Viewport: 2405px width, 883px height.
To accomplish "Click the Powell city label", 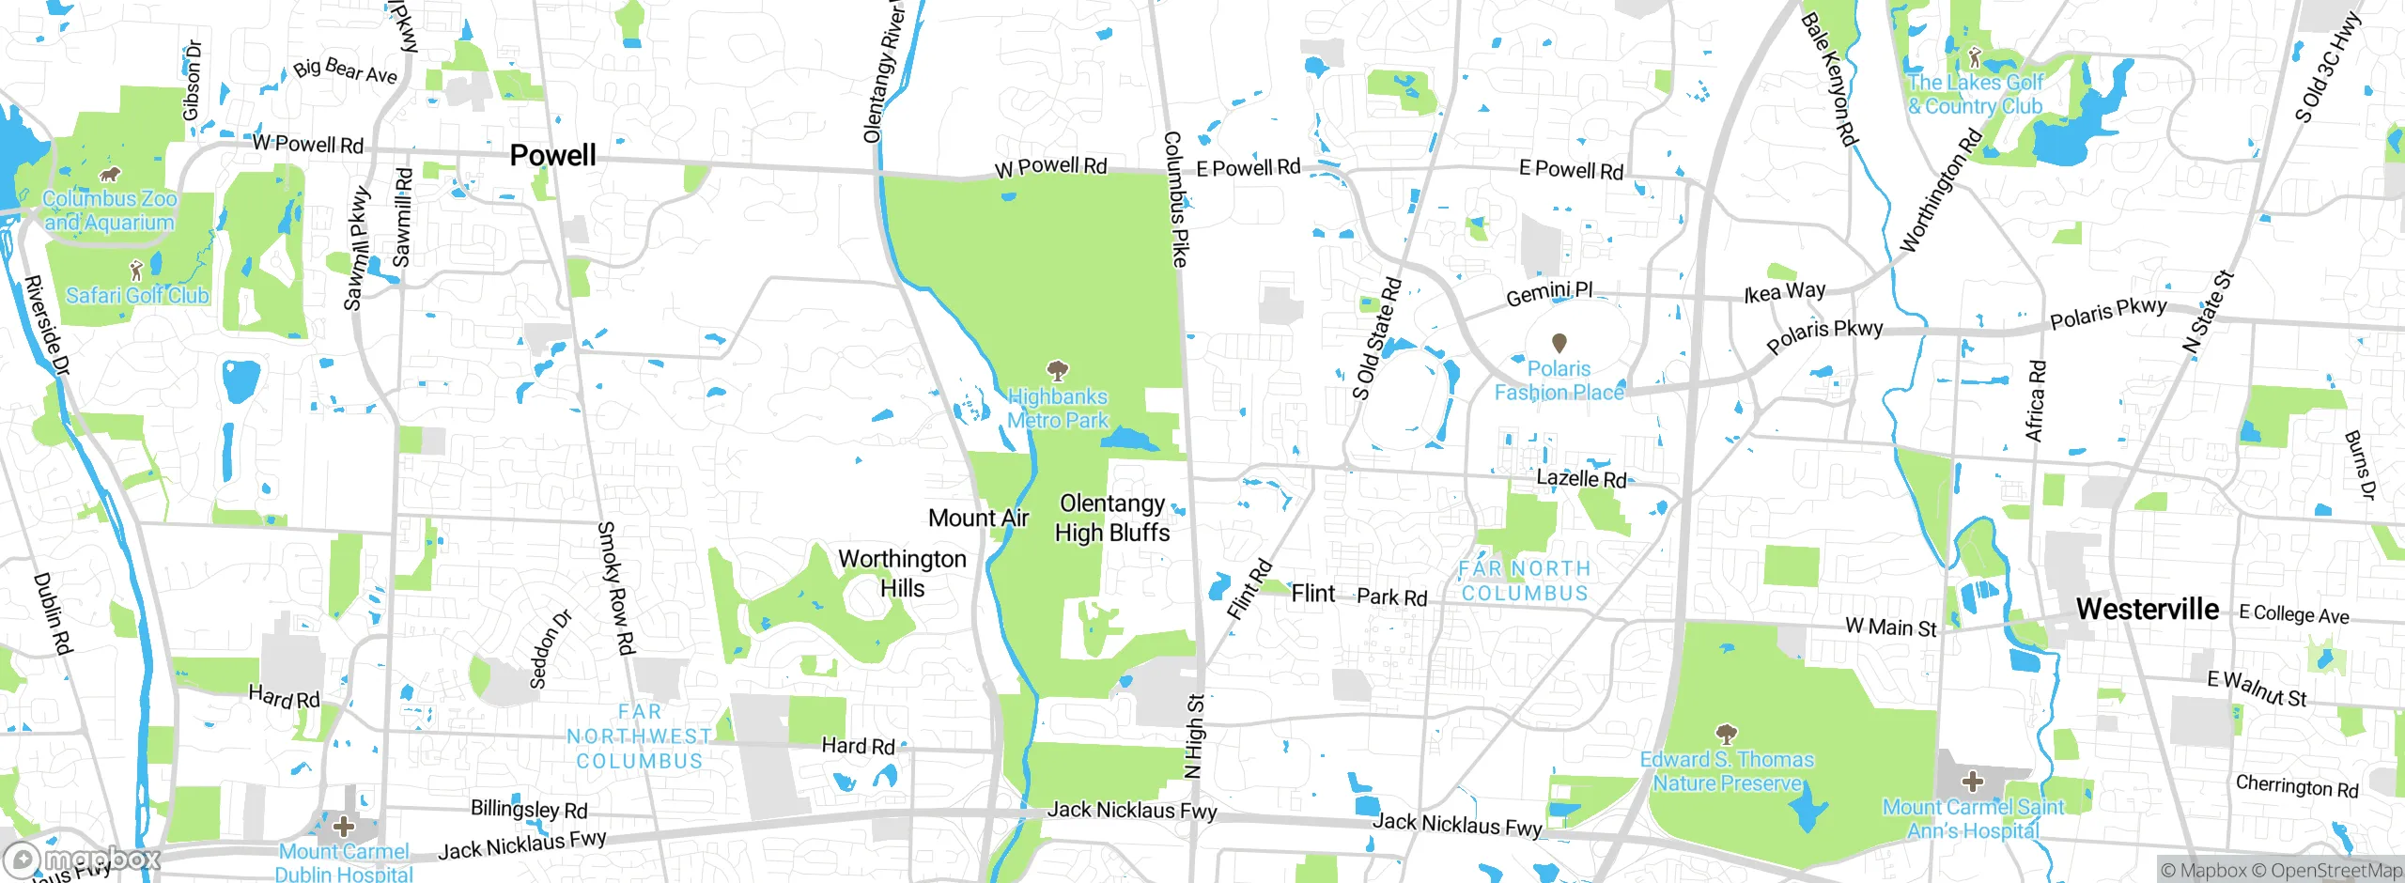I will [x=552, y=155].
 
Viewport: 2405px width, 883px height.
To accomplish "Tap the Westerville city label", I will [x=2148, y=609].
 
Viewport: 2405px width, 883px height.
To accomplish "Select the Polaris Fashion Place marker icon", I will [x=1559, y=343].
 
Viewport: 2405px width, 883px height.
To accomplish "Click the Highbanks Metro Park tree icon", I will [x=1058, y=369].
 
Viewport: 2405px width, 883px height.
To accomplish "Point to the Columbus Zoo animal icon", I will [x=110, y=175].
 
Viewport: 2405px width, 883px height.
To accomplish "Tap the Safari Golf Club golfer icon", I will [x=136, y=271].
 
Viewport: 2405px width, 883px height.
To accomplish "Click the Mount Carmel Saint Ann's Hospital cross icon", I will [x=1973, y=781].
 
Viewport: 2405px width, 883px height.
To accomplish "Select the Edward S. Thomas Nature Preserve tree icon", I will [x=1726, y=733].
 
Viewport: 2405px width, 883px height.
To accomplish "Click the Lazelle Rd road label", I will [x=1581, y=478].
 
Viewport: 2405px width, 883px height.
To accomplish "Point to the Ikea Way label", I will [x=1784, y=292].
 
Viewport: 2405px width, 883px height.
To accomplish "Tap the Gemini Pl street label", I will [x=1549, y=293].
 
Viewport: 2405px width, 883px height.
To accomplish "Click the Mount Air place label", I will [x=978, y=518].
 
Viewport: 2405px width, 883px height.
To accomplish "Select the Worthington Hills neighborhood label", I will [x=902, y=573].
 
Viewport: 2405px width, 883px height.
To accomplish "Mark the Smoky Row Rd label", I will [x=616, y=588].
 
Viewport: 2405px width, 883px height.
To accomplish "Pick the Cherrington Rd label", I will [x=2296, y=785].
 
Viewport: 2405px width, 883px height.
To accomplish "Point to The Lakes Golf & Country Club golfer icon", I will [x=1974, y=56].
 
